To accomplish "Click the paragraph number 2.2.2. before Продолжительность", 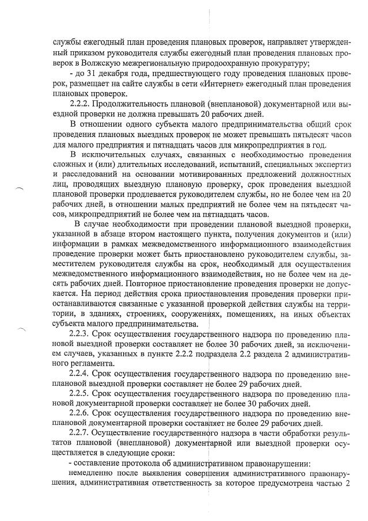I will [x=80, y=104].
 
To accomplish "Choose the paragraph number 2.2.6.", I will [x=80, y=412].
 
